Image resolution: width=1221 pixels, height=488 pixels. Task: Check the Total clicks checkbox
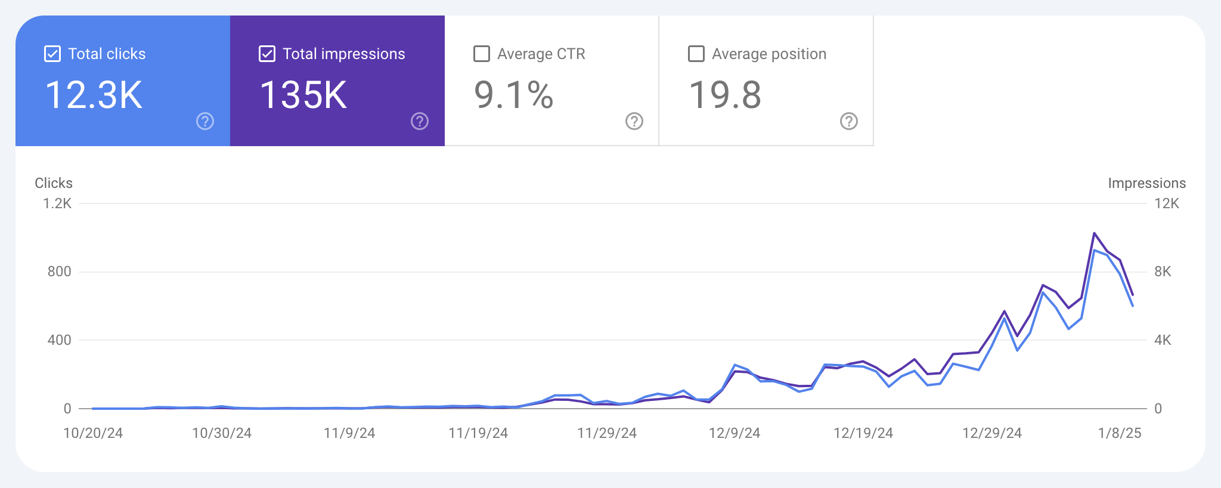(52, 54)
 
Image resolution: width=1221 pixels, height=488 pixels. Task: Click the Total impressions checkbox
(267, 54)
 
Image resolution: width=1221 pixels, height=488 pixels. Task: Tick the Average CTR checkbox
(482, 54)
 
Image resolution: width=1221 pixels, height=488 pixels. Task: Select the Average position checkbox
(696, 54)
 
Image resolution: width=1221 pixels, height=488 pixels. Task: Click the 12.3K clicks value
(94, 95)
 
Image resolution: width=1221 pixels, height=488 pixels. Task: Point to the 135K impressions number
(303, 95)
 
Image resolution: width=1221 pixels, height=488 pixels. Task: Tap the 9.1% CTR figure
(514, 95)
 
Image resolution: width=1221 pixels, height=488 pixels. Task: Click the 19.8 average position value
(725, 95)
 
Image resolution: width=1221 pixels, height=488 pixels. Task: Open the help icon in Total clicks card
(205, 121)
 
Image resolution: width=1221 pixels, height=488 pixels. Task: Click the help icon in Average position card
(849, 121)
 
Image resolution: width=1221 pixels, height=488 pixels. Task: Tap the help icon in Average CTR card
(634, 121)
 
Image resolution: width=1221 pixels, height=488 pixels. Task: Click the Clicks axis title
(54, 183)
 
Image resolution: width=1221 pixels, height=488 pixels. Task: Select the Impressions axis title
(1146, 183)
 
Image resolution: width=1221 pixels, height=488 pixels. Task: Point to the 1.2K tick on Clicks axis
(57, 203)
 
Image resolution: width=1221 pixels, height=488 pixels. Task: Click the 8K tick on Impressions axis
(1163, 271)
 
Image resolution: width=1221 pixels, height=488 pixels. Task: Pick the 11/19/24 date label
(478, 433)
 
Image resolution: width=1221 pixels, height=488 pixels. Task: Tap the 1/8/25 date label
(1120, 433)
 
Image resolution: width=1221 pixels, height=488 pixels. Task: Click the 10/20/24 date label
(93, 433)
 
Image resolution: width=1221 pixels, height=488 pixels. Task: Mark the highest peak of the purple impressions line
(1095, 233)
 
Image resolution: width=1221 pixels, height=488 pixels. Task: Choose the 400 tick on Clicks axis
(59, 340)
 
